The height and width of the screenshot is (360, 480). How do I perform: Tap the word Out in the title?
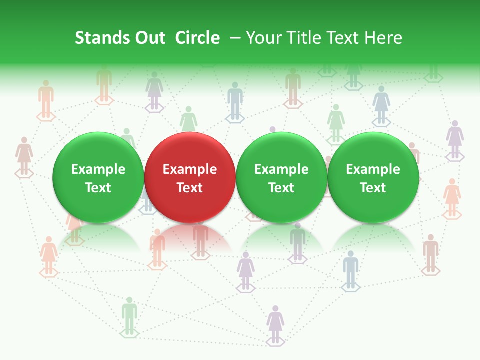149,38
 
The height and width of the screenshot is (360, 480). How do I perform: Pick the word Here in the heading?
384,38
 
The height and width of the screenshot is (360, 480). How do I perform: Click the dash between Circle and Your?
235,38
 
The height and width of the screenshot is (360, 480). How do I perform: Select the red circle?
190,177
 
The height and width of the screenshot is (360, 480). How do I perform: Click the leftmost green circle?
98,177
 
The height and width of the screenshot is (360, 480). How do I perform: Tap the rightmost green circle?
373,177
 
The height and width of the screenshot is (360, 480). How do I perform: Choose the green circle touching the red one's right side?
281,177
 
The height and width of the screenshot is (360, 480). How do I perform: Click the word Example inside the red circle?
190,169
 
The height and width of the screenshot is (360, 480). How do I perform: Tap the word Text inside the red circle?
190,188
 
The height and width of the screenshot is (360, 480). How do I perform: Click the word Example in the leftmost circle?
98,169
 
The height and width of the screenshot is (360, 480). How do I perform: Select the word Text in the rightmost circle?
373,188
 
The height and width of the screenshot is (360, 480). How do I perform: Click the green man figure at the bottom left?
129,315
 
